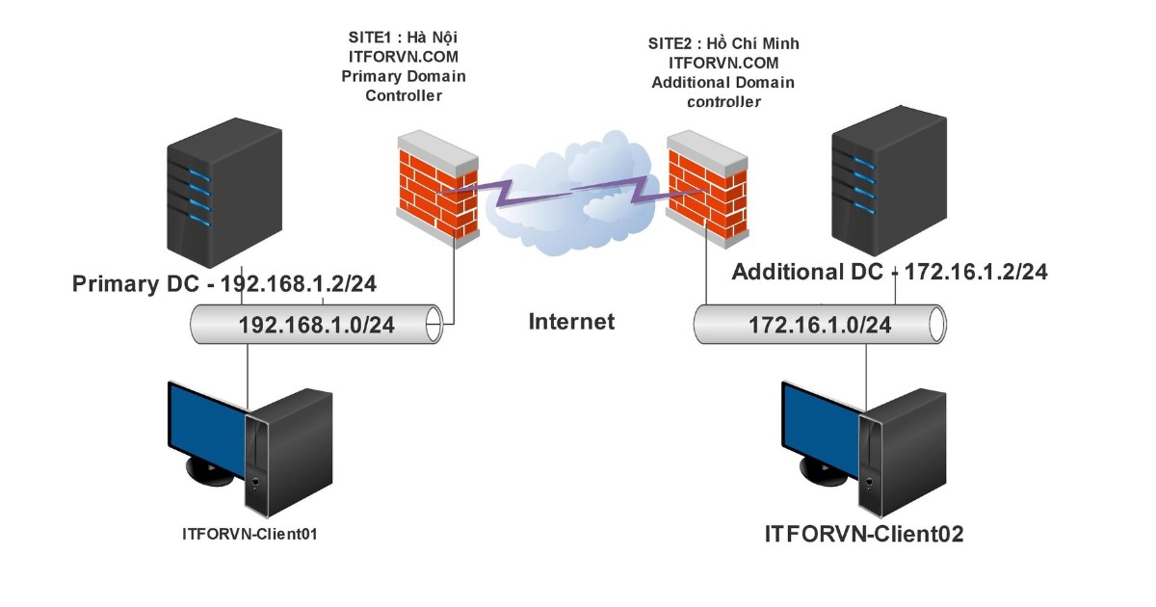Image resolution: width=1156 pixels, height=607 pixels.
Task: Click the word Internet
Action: click(571, 321)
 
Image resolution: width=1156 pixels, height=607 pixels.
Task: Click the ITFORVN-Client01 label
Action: click(250, 533)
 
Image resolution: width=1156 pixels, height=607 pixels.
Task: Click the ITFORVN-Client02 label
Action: click(864, 534)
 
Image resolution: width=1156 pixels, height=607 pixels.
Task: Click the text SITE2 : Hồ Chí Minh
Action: click(722, 44)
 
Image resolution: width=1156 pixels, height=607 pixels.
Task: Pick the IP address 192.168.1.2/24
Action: click(305, 284)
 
